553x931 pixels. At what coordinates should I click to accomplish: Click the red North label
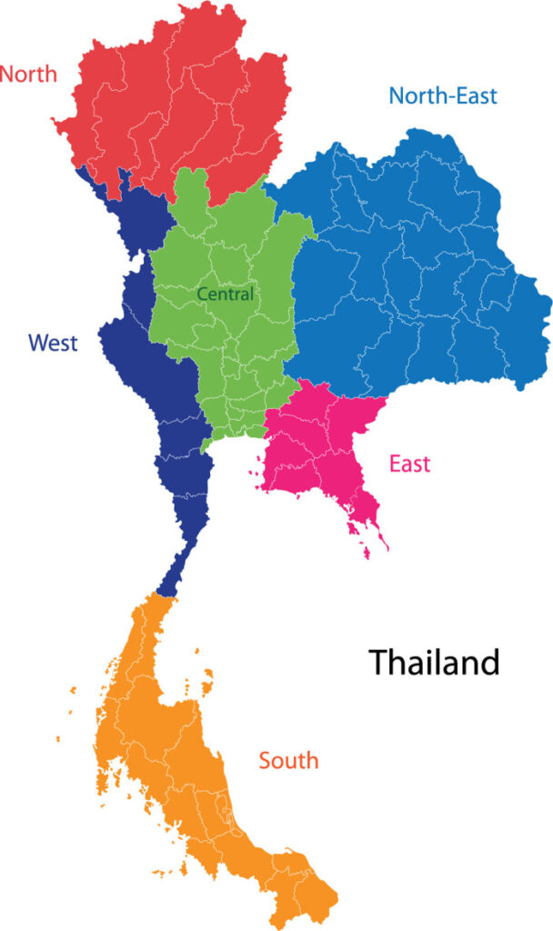tap(28, 74)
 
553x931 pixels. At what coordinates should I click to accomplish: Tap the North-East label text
tap(443, 95)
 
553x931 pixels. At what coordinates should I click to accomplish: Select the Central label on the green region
tap(226, 295)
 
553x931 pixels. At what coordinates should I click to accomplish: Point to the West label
tap(53, 343)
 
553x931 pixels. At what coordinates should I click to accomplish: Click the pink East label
tap(409, 464)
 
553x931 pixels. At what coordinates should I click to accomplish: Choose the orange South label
tap(288, 760)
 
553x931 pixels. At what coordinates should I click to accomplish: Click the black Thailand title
tap(434, 662)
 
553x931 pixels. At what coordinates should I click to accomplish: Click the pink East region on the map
tap(314, 445)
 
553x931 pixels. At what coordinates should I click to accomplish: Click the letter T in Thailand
tap(377, 662)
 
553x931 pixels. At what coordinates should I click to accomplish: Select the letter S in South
tap(266, 760)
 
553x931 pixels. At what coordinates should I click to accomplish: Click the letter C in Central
tap(203, 295)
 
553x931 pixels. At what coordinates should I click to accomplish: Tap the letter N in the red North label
tap(8, 74)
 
